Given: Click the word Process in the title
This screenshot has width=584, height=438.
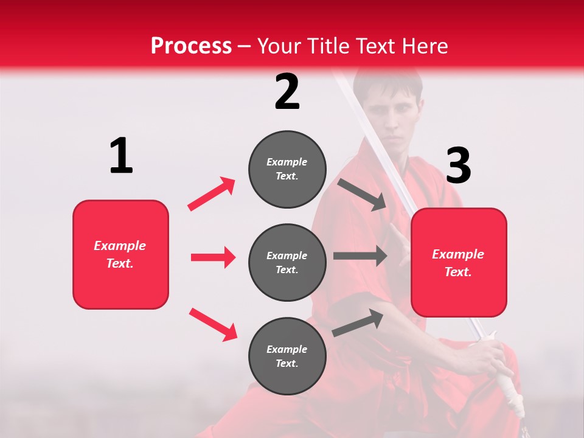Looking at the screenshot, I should pyautogui.click(x=191, y=46).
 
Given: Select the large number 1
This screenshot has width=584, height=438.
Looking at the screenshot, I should pyautogui.click(x=121, y=156).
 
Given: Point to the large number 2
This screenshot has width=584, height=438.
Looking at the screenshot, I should pyautogui.click(x=287, y=92).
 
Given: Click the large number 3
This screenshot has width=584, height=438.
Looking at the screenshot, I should pyautogui.click(x=458, y=165).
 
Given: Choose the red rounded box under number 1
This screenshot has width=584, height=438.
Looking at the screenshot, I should pyautogui.click(x=120, y=254).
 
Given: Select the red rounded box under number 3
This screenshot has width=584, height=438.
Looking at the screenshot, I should pyautogui.click(x=459, y=263).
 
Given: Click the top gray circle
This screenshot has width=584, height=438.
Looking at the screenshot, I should pyautogui.click(x=287, y=169).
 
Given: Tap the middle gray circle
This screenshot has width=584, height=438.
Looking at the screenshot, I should pyautogui.click(x=287, y=262).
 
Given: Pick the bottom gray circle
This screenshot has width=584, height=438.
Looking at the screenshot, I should pyautogui.click(x=287, y=356).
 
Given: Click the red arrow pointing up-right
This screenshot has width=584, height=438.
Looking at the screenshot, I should pyautogui.click(x=212, y=193).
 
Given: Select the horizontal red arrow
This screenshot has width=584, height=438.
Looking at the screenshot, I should pyautogui.click(x=213, y=257).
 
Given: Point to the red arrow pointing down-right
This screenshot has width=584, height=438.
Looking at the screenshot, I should pyautogui.click(x=213, y=324).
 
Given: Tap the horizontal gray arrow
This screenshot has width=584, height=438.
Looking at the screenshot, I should pyautogui.click(x=360, y=255).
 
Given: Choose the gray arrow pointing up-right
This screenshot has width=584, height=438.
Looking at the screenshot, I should pyautogui.click(x=358, y=322).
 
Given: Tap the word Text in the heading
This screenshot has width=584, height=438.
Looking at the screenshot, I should pyautogui.click(x=378, y=46).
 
